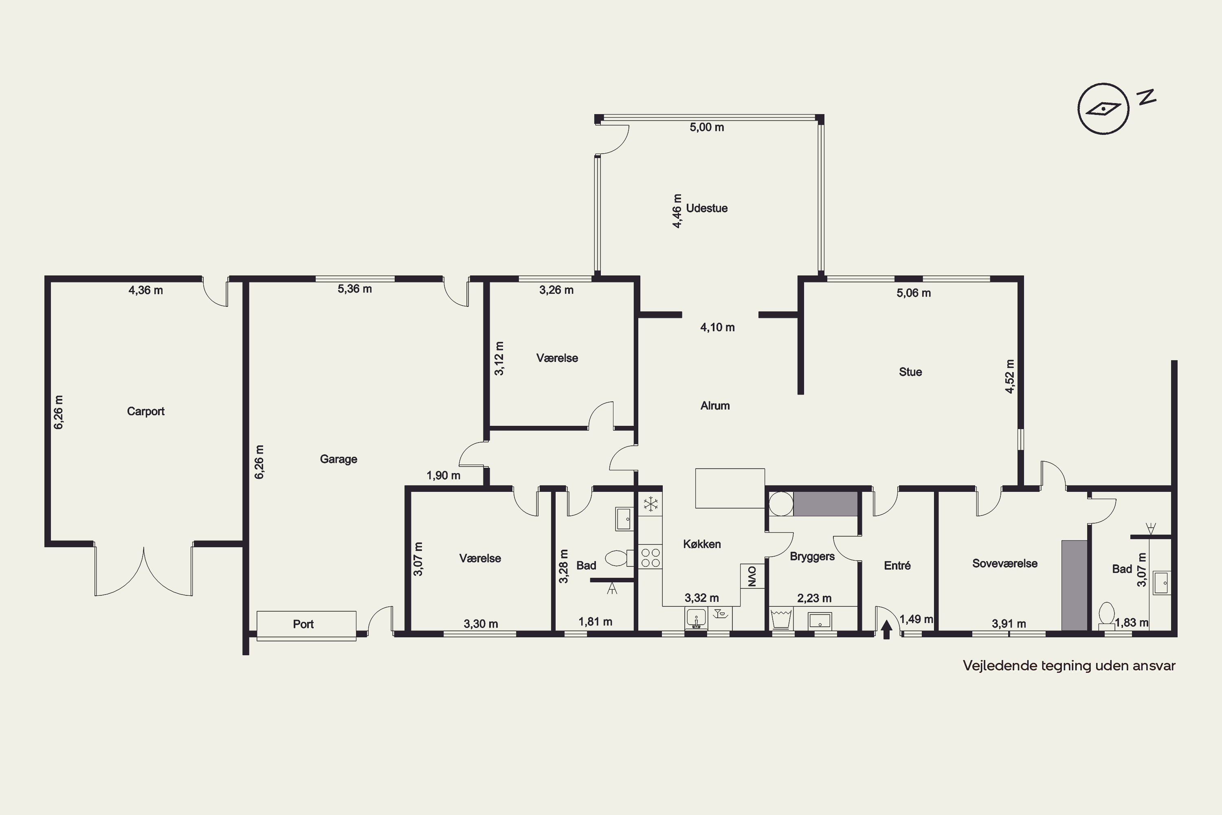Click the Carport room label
coord(145,411)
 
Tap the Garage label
coord(338,459)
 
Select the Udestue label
coord(707,208)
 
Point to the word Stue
coord(910,372)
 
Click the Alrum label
coord(715,405)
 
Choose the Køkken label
coord(702,544)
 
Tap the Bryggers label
coord(812,557)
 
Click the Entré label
coord(897,566)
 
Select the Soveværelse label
coord(1005,564)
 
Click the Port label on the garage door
coord(303,624)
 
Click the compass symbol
coord(1103,109)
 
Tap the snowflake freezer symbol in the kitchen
coord(651,504)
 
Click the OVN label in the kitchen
coord(752,576)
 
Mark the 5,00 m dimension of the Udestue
coord(707,127)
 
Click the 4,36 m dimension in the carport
coord(145,291)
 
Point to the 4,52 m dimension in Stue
coord(1009,376)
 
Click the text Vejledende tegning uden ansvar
coord(1069,666)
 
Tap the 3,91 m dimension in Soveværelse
coord(1009,624)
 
